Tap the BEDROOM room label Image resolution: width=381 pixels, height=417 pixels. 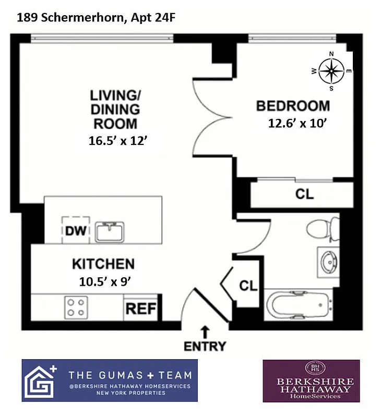tap(293, 106)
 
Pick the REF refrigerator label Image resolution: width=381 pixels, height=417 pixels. tap(141, 309)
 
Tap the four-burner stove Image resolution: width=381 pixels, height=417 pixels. tap(76, 308)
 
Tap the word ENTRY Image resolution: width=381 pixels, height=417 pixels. tap(205, 346)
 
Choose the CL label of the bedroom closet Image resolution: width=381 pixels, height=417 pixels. tap(304, 194)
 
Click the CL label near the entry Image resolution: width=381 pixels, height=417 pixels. tap(248, 286)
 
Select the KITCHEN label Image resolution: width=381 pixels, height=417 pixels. tap(103, 264)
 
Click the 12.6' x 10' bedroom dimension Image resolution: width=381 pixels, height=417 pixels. tap(297, 123)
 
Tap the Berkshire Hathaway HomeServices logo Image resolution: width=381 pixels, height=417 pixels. tap(311, 381)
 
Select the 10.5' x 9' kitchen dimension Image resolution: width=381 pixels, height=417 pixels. tap(104, 281)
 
